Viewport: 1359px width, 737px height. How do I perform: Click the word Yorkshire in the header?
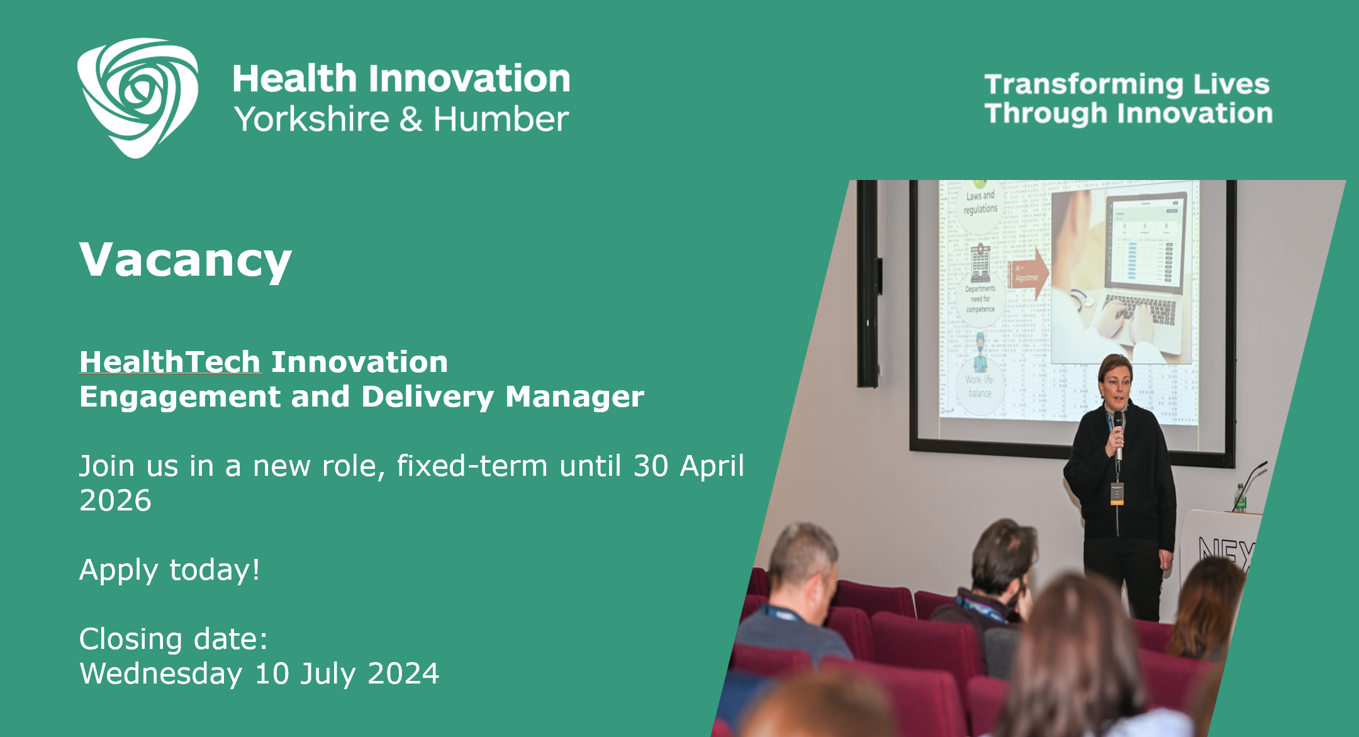[311, 120]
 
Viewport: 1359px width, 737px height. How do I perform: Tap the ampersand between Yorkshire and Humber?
[411, 120]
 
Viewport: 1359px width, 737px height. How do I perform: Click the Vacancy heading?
[186, 260]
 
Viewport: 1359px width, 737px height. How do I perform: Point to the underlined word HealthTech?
[170, 362]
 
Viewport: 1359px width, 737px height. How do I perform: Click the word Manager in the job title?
[574, 397]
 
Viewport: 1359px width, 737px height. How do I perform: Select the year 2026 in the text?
[115, 501]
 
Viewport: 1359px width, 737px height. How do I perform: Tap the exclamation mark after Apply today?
[255, 570]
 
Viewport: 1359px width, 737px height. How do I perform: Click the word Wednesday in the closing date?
[161, 673]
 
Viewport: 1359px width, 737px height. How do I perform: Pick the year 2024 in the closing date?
[403, 673]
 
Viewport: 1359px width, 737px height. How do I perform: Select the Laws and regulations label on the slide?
[980, 202]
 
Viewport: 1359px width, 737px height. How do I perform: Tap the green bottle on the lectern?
[1239, 498]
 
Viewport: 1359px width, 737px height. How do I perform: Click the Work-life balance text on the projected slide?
[979, 386]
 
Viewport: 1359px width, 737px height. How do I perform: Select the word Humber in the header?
[501, 120]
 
